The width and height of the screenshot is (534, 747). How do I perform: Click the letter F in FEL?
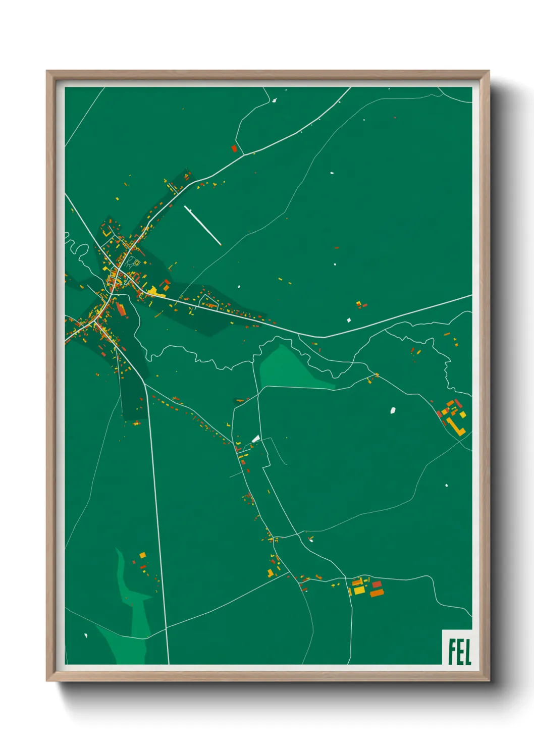[451, 652]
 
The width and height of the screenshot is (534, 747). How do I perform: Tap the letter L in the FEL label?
[467, 652]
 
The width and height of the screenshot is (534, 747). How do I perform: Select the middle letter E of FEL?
[459, 652]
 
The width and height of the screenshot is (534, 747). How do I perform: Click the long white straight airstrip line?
[203, 226]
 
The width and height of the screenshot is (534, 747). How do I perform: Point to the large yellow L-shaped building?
[456, 426]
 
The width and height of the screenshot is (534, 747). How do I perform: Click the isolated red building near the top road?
[234, 148]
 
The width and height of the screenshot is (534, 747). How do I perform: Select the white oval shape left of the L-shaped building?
[393, 410]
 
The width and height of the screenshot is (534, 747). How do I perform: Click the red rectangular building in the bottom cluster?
[377, 584]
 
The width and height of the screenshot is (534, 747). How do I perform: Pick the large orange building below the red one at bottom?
[377, 593]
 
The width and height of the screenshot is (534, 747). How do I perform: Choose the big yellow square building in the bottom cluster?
[358, 590]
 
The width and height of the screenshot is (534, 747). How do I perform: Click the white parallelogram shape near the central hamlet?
[255, 439]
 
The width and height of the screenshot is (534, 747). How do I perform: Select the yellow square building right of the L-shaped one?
[462, 415]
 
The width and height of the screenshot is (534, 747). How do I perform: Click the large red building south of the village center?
[121, 308]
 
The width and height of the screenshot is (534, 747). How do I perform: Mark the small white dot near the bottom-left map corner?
[86, 635]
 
